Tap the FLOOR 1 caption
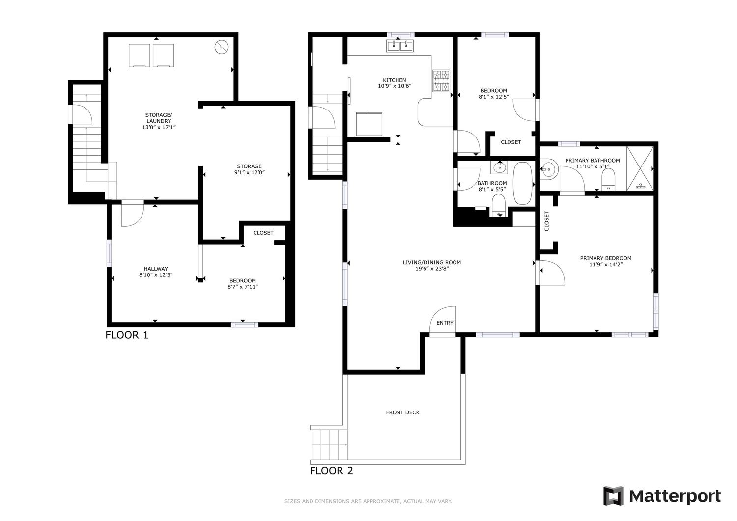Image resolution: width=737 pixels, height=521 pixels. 127,335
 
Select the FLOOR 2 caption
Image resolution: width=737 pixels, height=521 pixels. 331,471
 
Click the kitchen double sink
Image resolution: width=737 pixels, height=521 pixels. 400,46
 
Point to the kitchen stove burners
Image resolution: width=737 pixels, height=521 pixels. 441,81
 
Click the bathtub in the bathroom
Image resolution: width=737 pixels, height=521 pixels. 522,183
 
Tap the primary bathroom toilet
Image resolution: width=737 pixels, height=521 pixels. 608,180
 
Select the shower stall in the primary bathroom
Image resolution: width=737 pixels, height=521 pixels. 640,168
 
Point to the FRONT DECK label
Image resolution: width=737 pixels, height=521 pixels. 403,412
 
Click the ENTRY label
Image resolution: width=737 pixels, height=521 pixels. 445,323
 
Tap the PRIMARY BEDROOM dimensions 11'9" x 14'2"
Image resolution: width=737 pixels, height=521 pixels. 606,264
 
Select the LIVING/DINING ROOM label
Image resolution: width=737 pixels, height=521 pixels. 432,263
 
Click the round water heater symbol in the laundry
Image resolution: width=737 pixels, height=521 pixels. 222,47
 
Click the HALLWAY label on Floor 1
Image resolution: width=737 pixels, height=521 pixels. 156,269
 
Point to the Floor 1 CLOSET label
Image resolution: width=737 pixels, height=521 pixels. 263,233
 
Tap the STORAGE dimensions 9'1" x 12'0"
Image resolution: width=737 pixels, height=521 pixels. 250,172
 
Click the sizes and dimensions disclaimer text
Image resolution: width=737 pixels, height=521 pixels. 368,501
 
